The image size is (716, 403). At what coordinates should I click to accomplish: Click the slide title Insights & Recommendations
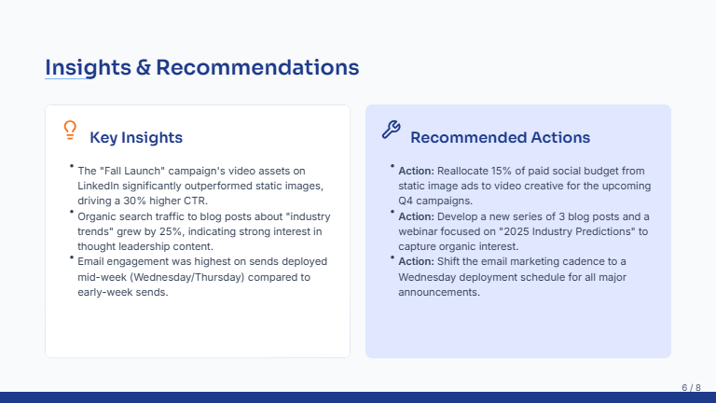[202, 67]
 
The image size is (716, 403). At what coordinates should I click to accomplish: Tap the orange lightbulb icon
[69, 130]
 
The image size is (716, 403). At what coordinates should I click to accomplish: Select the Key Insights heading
[136, 138]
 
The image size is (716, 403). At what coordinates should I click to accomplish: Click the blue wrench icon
[392, 130]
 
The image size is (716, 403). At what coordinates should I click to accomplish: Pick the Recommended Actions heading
[500, 138]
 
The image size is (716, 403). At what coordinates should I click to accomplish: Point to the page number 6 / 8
[691, 387]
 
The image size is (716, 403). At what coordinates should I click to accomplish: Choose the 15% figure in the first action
[515, 171]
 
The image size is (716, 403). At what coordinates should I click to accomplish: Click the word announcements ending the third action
[438, 292]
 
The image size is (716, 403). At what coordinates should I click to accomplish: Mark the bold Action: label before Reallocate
[416, 171]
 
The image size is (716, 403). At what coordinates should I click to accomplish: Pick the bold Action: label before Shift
[416, 261]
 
